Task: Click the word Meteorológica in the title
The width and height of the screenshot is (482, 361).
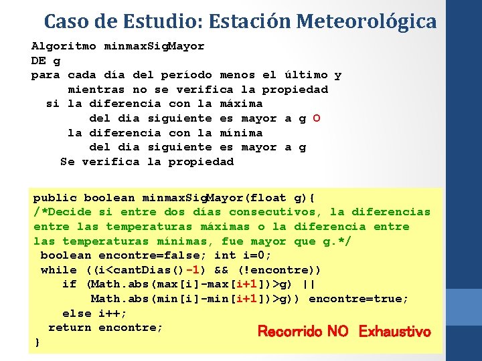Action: point(366,21)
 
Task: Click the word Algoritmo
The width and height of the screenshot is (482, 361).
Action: point(64,46)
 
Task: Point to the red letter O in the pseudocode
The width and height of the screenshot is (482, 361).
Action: point(316,118)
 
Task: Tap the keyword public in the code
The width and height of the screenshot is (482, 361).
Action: point(55,197)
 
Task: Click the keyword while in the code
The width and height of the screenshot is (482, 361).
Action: point(59,270)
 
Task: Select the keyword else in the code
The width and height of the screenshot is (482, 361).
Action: point(76,314)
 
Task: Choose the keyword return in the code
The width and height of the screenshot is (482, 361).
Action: point(70,328)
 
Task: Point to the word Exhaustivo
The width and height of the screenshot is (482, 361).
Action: point(394,332)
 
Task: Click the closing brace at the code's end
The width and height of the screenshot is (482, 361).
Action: point(37,342)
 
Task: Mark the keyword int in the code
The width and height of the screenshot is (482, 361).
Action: point(225,255)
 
